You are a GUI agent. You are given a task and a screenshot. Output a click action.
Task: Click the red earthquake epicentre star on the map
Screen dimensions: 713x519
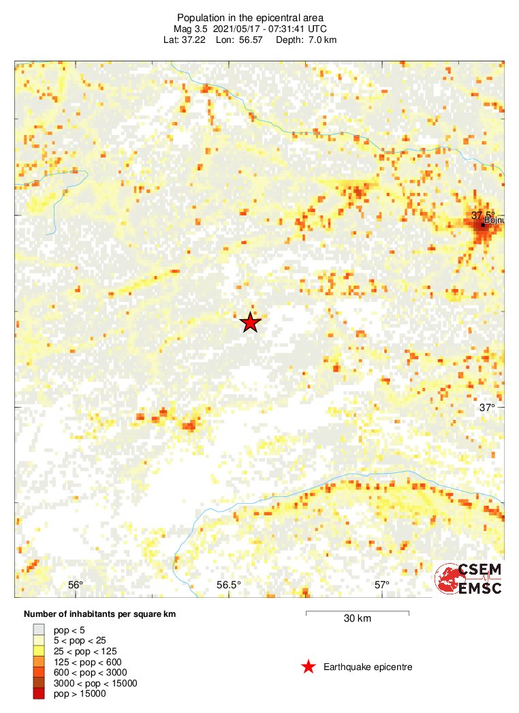(x=250, y=322)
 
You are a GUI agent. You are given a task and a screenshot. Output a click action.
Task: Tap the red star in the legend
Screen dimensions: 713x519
(x=309, y=667)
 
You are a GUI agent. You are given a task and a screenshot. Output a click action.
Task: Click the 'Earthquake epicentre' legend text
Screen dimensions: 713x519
(x=368, y=667)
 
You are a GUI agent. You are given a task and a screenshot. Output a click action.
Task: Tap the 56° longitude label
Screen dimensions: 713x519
(x=76, y=585)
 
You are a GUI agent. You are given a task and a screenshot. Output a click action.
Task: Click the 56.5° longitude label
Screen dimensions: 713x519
(x=229, y=585)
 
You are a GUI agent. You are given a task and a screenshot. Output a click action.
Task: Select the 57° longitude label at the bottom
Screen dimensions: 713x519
(x=382, y=585)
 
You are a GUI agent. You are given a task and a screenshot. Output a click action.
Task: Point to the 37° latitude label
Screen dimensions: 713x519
(x=486, y=408)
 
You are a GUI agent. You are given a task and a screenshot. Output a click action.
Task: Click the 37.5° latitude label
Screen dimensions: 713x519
(x=483, y=215)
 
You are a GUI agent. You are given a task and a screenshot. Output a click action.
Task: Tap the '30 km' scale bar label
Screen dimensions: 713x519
(x=357, y=619)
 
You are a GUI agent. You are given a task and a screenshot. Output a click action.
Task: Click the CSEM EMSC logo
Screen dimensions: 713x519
(x=469, y=579)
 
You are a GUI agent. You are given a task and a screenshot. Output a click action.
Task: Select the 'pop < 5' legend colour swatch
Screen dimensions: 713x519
(x=39, y=630)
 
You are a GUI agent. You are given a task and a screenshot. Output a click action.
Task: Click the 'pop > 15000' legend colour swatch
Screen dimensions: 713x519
(x=39, y=694)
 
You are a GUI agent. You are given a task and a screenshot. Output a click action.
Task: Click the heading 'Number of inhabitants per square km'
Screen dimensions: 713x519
(x=99, y=614)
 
